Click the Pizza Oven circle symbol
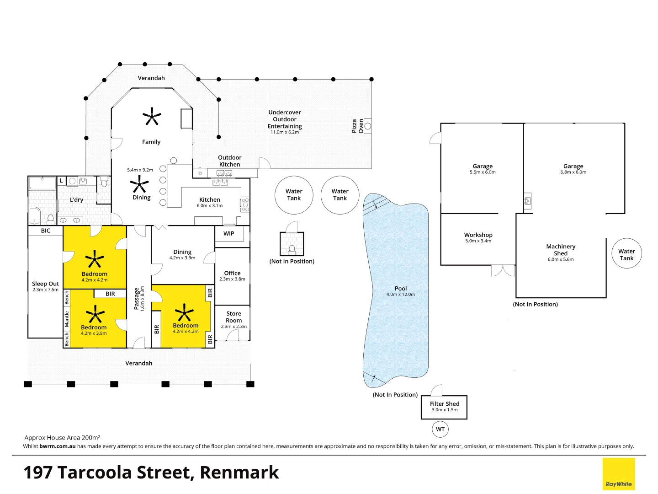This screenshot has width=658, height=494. pyautogui.click(x=368, y=126)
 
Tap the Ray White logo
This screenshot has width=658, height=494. pyautogui.click(x=618, y=473)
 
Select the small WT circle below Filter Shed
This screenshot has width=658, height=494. pyautogui.click(x=440, y=429)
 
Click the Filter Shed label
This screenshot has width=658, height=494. pyautogui.click(x=445, y=404)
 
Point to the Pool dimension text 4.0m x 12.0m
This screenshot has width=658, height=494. pyautogui.click(x=400, y=295)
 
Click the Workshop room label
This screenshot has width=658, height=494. pyautogui.click(x=478, y=235)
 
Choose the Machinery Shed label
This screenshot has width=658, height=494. pyautogui.click(x=561, y=250)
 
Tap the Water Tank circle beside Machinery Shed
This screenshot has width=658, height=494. pyautogui.click(x=626, y=253)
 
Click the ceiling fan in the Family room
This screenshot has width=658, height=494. pyautogui.click(x=152, y=116)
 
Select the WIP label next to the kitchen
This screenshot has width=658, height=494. pyautogui.click(x=229, y=233)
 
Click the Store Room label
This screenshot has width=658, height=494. pyautogui.click(x=234, y=317)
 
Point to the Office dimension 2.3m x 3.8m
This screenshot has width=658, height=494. pyautogui.click(x=232, y=279)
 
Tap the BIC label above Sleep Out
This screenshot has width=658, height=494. pyautogui.click(x=46, y=231)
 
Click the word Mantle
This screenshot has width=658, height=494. pyautogui.click(x=67, y=319)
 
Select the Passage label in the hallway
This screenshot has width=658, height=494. pyautogui.click(x=137, y=298)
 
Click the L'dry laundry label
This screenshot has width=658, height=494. pyautogui.click(x=76, y=200)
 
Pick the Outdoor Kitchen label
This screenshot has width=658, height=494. pyautogui.click(x=230, y=161)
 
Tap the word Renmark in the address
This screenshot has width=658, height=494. pyautogui.click(x=239, y=473)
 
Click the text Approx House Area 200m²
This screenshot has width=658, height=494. pyautogui.click(x=62, y=438)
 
